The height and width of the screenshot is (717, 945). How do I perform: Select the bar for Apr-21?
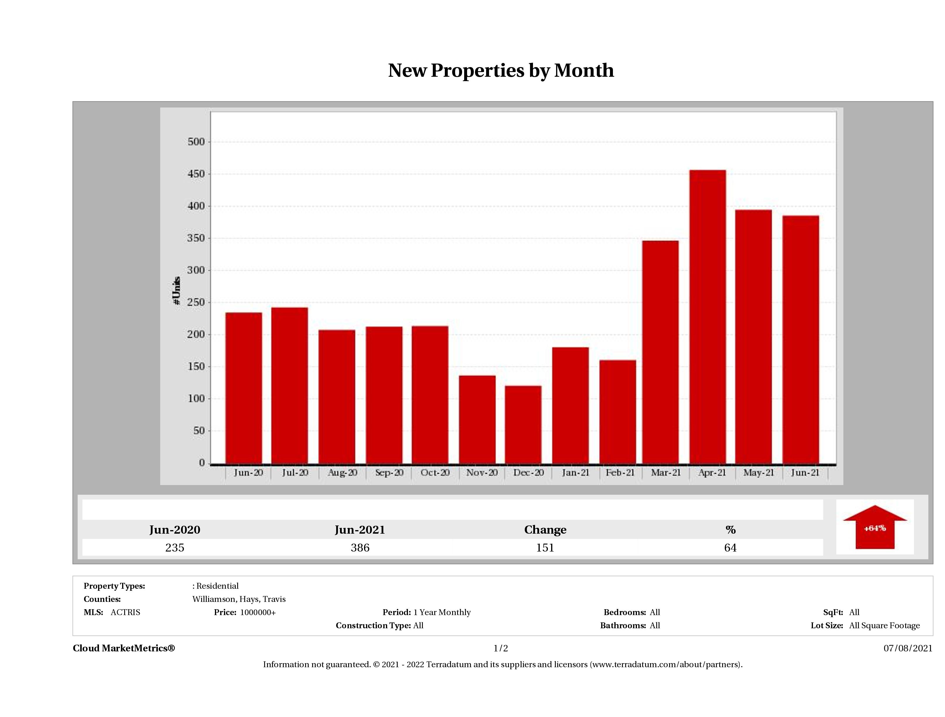(708, 317)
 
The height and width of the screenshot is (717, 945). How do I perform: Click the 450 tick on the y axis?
(196, 174)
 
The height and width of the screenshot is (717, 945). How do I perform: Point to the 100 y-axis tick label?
(196, 399)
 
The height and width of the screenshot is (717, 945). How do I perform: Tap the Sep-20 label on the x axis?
(389, 473)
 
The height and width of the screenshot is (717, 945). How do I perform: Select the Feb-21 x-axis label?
(620, 473)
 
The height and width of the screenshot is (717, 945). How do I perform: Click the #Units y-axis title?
(177, 291)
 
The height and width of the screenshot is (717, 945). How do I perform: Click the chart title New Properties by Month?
(501, 71)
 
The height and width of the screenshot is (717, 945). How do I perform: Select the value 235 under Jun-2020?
(175, 548)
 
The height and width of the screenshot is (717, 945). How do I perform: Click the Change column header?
(545, 530)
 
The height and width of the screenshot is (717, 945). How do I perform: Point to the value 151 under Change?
(545, 548)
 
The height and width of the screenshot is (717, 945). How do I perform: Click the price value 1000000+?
(258, 612)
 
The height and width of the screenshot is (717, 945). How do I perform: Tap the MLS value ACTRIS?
(125, 612)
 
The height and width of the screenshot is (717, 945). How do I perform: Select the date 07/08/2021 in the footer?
(908, 648)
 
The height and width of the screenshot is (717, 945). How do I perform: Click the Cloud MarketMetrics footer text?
(124, 648)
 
